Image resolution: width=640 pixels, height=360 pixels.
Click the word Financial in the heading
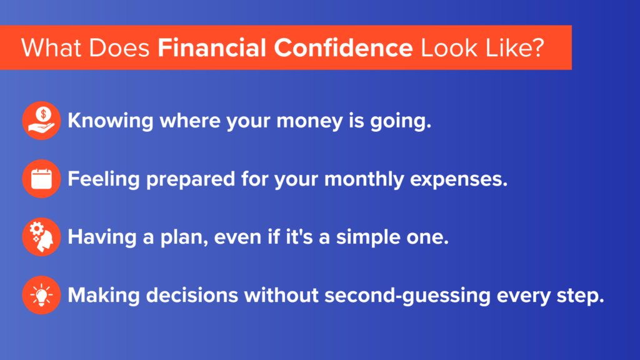coord(212,47)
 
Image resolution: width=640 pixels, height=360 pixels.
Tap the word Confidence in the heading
coord(343,47)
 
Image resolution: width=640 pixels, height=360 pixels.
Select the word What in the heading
coord(51,47)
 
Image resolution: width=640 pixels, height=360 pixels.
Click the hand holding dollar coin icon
coord(41,121)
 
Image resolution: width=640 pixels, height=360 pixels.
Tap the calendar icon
coord(41,179)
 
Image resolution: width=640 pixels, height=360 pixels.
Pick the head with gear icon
coord(41,237)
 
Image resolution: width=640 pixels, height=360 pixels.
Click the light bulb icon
coord(41,295)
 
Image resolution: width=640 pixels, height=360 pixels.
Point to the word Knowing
coord(110,121)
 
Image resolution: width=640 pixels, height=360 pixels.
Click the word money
coord(309,121)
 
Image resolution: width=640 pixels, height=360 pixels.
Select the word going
coord(401,122)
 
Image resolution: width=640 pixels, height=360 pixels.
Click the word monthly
coord(364,179)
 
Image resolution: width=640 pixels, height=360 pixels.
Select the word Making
coord(104,296)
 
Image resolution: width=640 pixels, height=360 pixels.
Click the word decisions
coord(192,295)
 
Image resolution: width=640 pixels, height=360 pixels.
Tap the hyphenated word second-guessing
coord(407,296)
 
